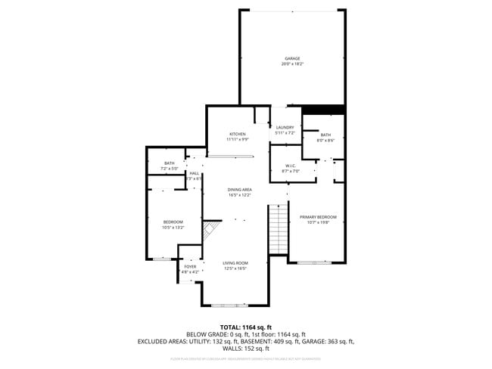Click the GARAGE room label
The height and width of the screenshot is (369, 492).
(x=292, y=58)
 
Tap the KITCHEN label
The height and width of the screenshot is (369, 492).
(x=238, y=134)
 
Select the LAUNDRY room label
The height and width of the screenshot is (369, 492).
(x=285, y=127)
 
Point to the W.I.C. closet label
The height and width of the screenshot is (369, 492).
(x=291, y=166)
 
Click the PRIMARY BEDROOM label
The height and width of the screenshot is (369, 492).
(x=317, y=217)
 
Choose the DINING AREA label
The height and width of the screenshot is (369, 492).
(x=239, y=189)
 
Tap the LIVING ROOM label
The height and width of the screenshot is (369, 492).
(x=235, y=263)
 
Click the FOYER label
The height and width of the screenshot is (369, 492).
(x=190, y=266)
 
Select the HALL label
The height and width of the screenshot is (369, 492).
(x=194, y=173)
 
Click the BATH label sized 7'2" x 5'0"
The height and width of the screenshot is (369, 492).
(x=169, y=163)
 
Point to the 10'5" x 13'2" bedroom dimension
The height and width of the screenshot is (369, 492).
(x=173, y=227)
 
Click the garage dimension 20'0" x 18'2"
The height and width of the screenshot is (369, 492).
(x=292, y=64)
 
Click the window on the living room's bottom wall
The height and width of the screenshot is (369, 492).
(x=229, y=305)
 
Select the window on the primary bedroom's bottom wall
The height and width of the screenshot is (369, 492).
(x=313, y=262)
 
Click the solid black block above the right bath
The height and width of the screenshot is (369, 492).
(x=323, y=110)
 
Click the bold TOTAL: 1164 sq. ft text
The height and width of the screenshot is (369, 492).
(x=245, y=327)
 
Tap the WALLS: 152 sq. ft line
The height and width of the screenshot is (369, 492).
(x=245, y=349)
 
